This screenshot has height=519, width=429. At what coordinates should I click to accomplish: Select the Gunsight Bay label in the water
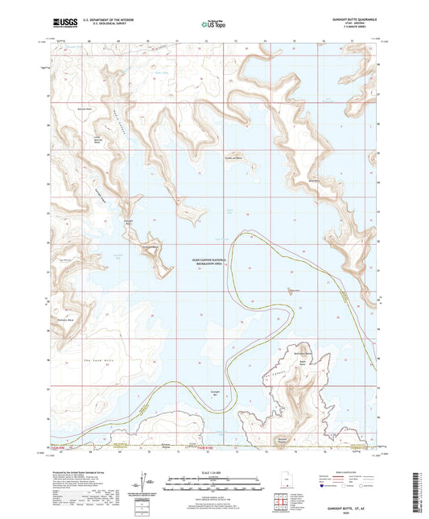pyautogui.click(x=215, y=393)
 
